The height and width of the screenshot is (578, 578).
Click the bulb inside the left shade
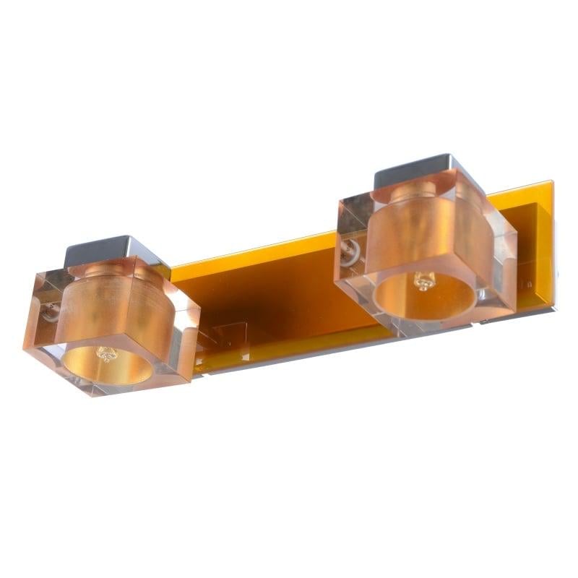click(107, 354)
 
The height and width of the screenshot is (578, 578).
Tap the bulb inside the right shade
click(423, 281)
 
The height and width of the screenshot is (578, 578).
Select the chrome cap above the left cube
click(97, 250)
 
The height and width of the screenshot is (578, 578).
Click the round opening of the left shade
click(107, 364)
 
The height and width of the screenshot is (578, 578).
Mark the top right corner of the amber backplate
click(552, 182)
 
